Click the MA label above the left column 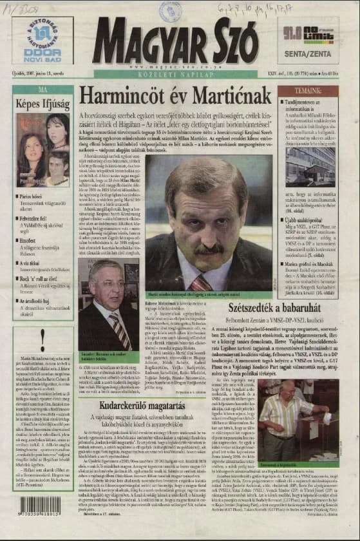[x=43, y=89]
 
